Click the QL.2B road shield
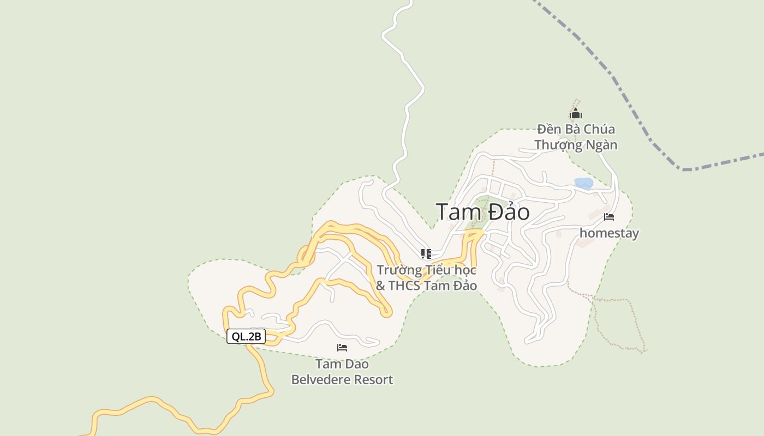246,336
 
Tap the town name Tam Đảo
482,211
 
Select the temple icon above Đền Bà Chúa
575,114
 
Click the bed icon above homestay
609,217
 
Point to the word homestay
609,233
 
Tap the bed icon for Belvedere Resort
342,348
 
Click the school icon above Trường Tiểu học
426,253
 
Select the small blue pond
583,184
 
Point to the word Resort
374,380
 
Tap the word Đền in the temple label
548,130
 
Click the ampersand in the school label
380,286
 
